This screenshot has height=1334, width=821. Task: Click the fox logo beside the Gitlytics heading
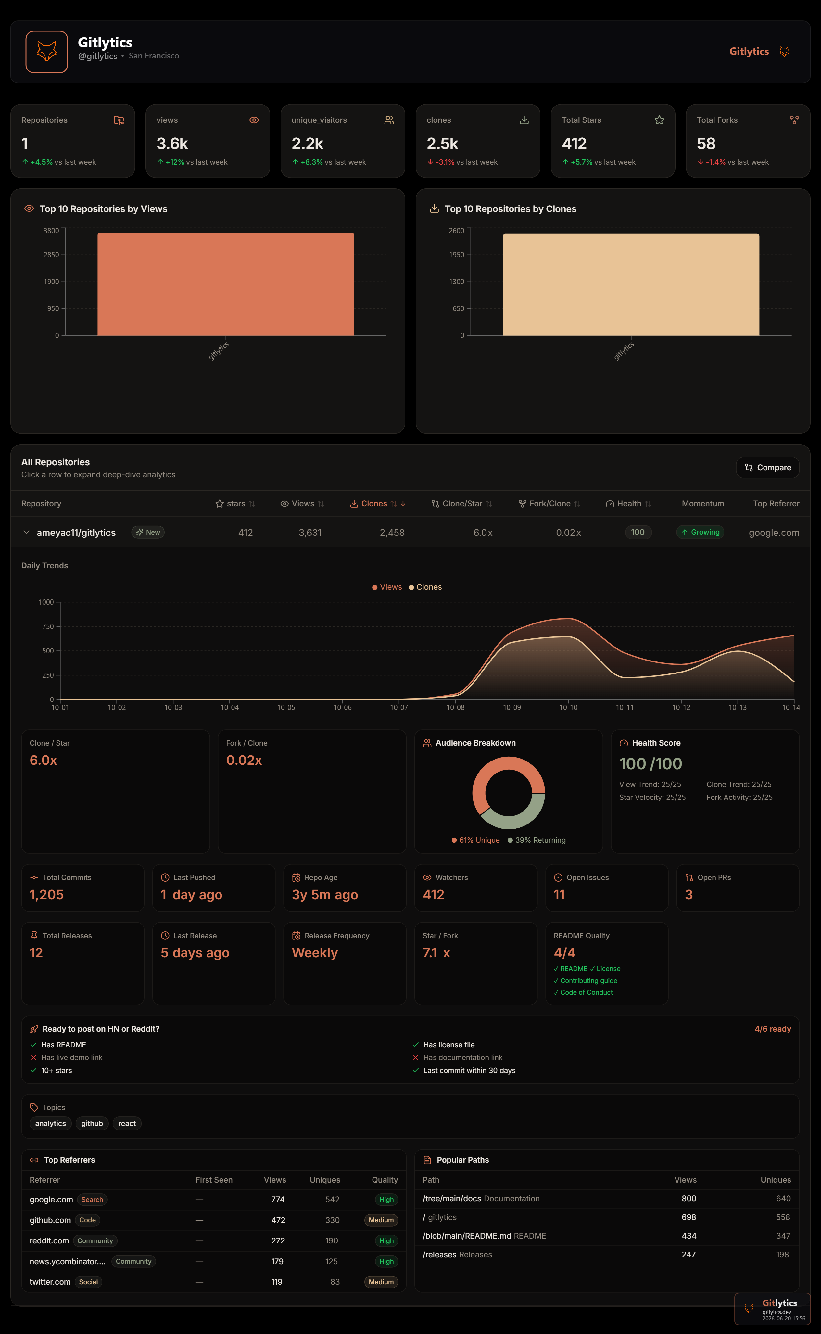pos(47,52)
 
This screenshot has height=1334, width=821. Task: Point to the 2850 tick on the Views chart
pos(52,255)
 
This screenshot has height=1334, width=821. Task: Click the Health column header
pos(628,503)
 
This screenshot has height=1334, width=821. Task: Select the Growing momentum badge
pos(701,532)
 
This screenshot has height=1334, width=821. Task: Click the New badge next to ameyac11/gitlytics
pos(148,532)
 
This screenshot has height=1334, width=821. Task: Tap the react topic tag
pos(127,1123)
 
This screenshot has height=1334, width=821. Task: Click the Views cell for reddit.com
pos(278,1240)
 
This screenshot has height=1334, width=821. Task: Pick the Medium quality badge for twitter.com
pos(381,1282)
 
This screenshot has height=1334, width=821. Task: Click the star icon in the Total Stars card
pos(659,120)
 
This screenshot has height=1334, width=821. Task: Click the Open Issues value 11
pos(559,894)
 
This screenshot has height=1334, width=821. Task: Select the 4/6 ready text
pos(773,1029)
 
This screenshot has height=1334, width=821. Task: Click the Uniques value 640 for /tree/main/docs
pos(783,1198)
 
